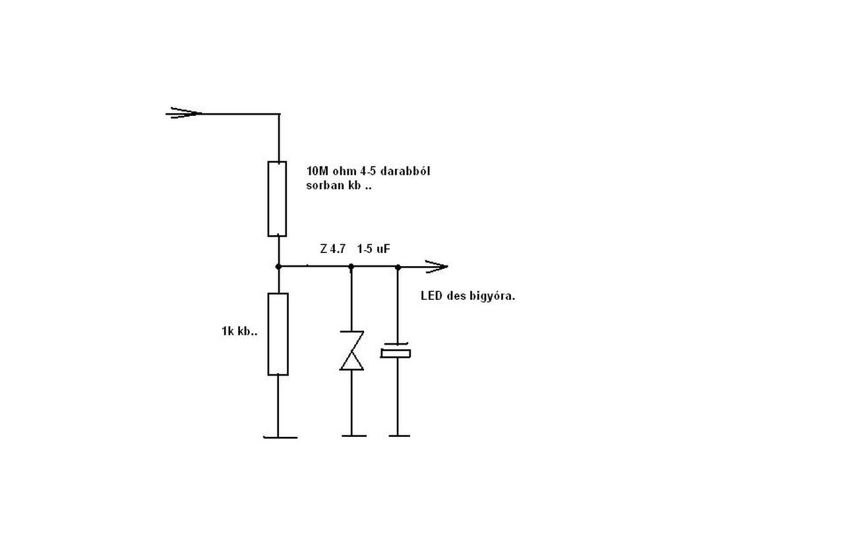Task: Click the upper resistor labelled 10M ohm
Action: click(277, 198)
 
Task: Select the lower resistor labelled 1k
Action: click(278, 334)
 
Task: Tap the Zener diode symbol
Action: click(351, 351)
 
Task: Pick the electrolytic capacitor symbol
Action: click(396, 351)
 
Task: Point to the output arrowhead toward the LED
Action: click(436, 266)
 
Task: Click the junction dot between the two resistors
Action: click(278, 266)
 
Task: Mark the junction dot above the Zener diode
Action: click(351, 266)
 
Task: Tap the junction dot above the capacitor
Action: click(398, 266)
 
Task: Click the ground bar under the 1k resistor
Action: click(280, 436)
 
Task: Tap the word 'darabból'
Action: click(405, 171)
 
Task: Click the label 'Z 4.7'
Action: click(332, 250)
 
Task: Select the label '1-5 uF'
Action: click(374, 250)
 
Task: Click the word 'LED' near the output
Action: click(431, 296)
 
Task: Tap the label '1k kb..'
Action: click(239, 331)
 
